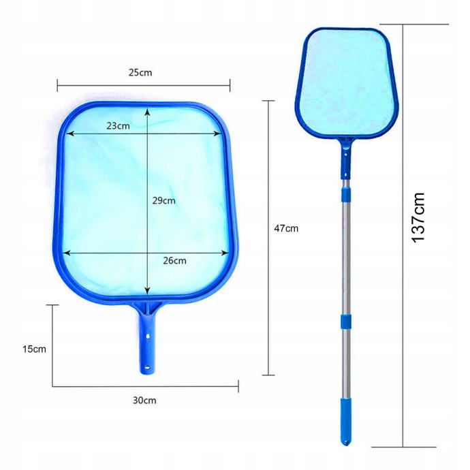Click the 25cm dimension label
140,72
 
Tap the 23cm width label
118,125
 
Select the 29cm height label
163,200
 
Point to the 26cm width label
174,260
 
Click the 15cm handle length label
34,349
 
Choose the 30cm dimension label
144,401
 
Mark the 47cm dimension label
286,228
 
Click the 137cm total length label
418,217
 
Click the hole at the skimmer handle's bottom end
147,367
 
